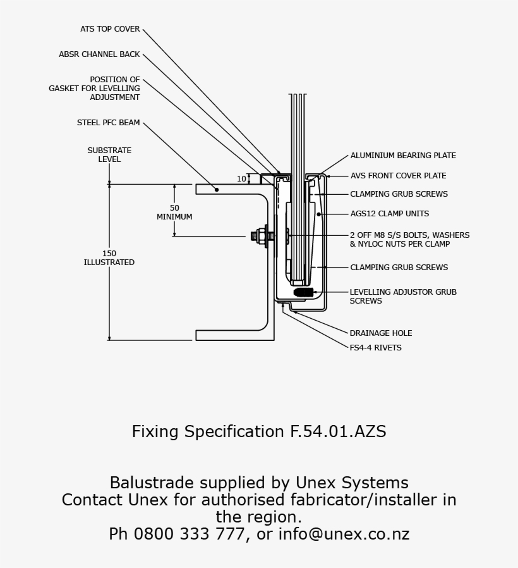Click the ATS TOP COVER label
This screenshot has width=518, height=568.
coord(110,29)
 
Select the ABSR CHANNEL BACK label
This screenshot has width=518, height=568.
coord(99,54)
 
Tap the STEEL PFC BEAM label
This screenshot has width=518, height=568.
coord(109,123)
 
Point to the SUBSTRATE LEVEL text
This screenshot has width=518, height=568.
coord(109,155)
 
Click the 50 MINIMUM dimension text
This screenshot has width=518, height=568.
coord(174,213)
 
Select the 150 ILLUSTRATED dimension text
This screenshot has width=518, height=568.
coord(109,258)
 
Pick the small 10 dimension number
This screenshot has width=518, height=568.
coord(241,179)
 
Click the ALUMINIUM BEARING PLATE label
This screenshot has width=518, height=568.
coord(403,156)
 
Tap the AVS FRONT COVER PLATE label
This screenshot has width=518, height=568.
coord(398,176)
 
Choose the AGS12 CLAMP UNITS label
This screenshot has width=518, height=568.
coord(389,214)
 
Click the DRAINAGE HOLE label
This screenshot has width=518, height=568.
coord(381,333)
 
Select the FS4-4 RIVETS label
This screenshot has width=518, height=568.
coord(375,348)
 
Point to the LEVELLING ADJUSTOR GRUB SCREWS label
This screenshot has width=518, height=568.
coord(403,297)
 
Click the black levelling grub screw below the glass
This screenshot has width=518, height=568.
coord(304,292)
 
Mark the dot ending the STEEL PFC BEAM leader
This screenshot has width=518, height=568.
coord(216,188)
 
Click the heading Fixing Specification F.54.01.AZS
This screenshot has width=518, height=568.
coord(259,432)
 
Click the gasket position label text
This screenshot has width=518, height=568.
coord(95,89)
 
